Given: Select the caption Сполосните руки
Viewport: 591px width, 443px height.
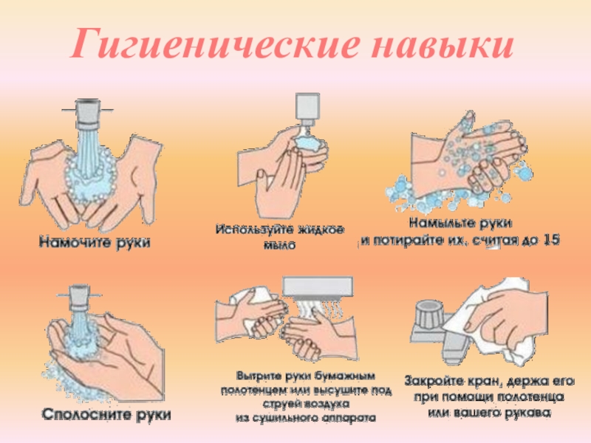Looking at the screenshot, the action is click(x=106, y=414).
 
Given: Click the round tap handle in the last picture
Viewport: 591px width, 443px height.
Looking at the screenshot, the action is click(x=428, y=312).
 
